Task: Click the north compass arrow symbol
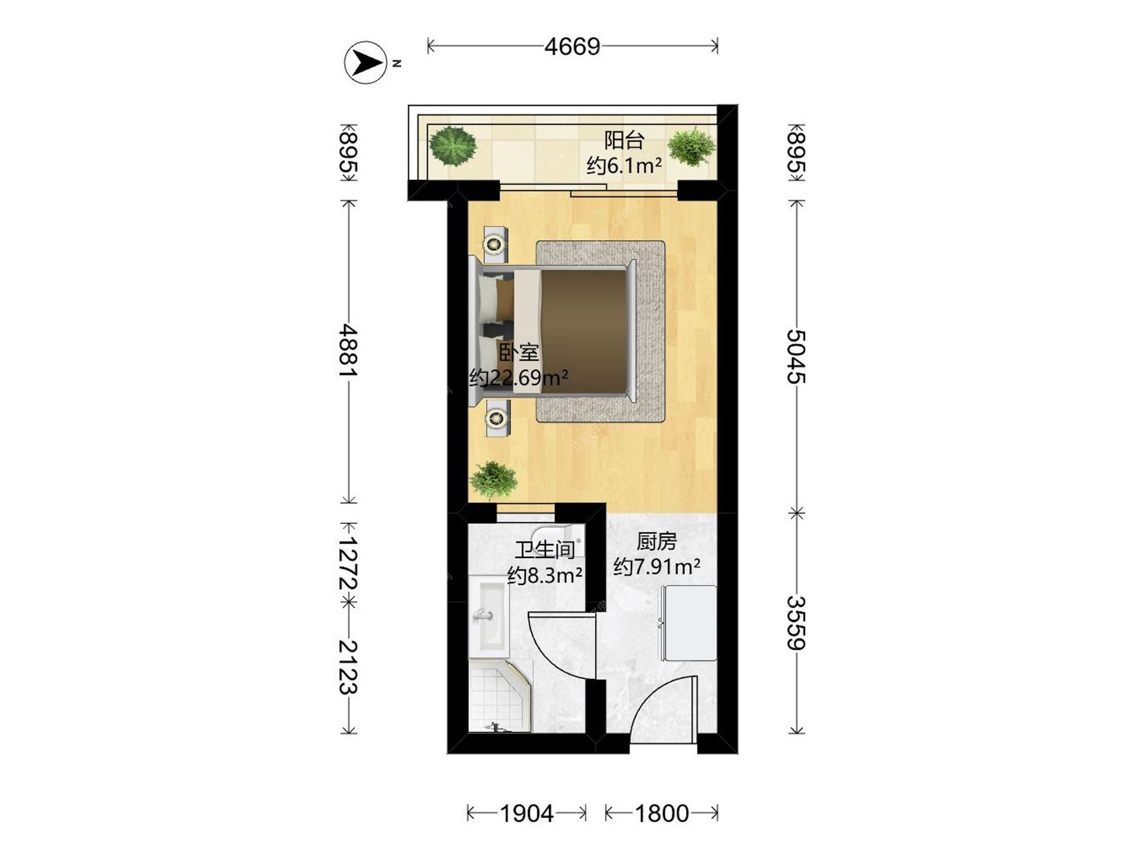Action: (366, 62)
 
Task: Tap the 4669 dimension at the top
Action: (572, 46)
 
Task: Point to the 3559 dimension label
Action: (796, 622)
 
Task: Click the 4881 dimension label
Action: (348, 350)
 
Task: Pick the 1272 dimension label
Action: (348, 563)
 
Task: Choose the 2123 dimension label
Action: (348, 667)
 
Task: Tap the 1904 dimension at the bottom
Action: (527, 813)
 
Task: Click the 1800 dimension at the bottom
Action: (661, 813)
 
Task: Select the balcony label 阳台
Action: (624, 141)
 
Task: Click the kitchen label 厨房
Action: (657, 542)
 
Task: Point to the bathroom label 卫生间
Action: (545, 549)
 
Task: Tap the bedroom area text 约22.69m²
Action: (518, 378)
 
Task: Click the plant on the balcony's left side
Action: (453, 145)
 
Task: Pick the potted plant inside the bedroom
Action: (493, 480)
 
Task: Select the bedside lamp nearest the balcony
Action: (494, 244)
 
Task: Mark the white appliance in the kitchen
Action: (689, 623)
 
